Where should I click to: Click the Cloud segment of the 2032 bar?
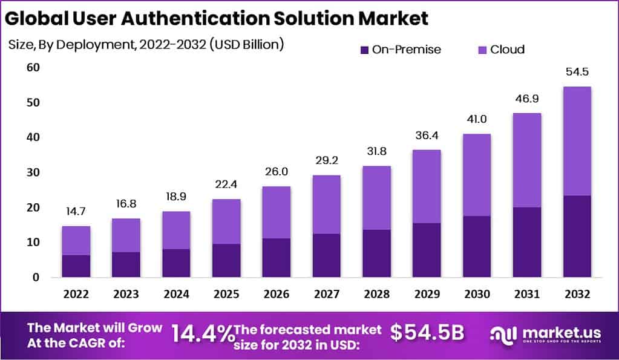point(577,141)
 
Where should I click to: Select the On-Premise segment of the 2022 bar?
point(76,266)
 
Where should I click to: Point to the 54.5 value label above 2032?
point(577,72)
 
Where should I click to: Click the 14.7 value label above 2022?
point(76,212)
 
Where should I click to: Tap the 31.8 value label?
point(376,151)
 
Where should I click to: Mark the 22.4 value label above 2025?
point(226,185)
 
